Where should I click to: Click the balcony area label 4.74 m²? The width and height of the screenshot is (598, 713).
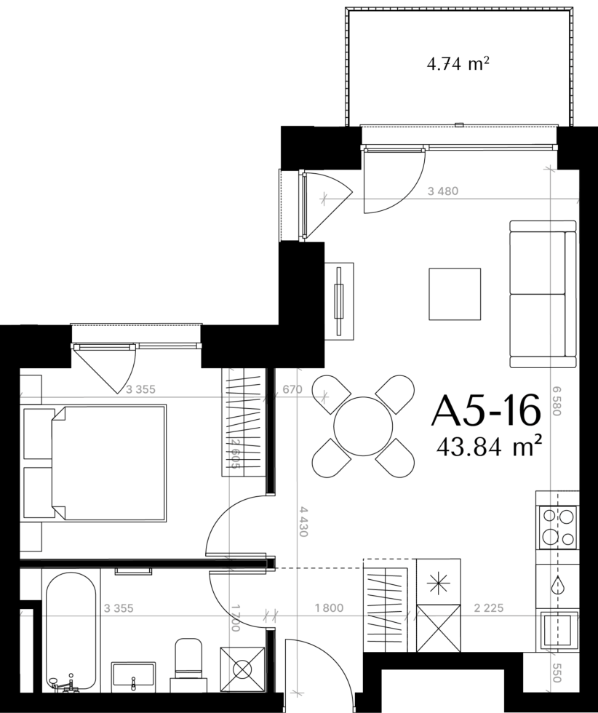click(458, 64)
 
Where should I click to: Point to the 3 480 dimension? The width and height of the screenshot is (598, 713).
click(443, 191)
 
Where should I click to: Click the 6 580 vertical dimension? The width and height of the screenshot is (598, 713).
click(557, 401)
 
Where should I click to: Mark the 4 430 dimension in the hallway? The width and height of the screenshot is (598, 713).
click(303, 522)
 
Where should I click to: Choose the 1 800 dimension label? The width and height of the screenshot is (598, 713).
click(329, 608)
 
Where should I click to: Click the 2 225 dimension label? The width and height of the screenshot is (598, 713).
click(488, 608)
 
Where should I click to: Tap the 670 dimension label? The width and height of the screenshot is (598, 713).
click(292, 389)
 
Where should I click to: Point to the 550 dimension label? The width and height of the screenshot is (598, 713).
click(556, 672)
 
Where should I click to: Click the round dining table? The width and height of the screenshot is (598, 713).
click(363, 426)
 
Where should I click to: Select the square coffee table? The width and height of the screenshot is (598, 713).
click(455, 294)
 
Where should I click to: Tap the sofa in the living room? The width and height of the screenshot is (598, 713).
click(543, 294)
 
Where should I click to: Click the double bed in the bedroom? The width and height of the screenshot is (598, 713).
click(108, 463)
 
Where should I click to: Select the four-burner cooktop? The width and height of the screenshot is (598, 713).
click(557, 527)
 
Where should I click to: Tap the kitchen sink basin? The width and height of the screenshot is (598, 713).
click(559, 630)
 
